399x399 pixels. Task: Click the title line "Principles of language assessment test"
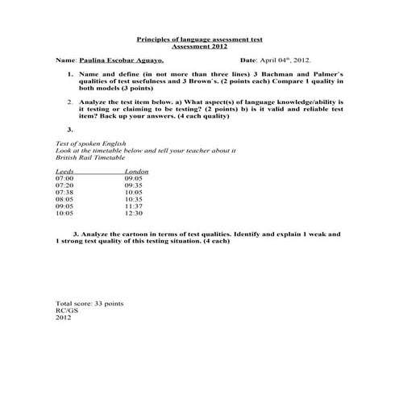199,39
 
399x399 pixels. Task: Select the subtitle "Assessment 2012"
199,47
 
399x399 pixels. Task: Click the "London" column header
136,172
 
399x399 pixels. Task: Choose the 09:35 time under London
134,186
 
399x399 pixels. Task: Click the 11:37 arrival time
134,207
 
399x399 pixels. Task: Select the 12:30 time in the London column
134,214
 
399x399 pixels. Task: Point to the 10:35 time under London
134,200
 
